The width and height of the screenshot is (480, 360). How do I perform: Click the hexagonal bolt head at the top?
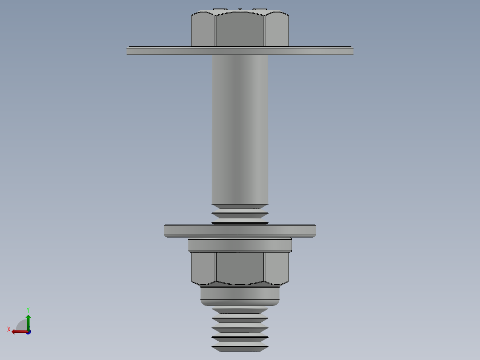coord(240,29)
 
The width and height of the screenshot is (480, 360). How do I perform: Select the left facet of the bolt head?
coord(203,30)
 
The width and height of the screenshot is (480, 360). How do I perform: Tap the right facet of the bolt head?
coord(277,30)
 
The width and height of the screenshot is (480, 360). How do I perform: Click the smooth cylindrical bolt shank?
coord(240,129)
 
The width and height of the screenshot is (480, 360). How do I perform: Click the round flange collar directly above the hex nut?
coord(240,245)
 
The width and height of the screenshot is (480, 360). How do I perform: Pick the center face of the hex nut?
coord(240,267)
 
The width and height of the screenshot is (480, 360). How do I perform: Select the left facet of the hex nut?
coord(203,267)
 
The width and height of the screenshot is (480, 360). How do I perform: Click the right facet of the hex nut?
coord(277,267)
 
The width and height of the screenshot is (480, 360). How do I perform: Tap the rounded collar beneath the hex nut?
coord(240,295)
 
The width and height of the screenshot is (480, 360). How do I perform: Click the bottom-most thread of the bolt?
coord(240,348)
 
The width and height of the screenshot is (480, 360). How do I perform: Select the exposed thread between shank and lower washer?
coord(240,216)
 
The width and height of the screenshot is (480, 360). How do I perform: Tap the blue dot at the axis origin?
coord(28,332)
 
